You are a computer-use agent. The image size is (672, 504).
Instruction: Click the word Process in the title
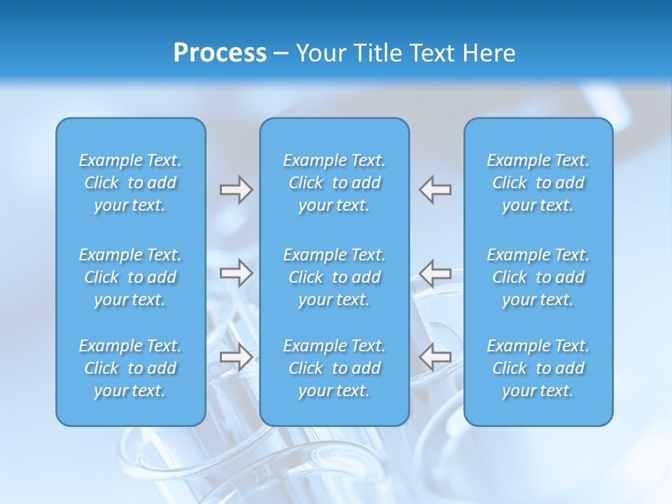(220, 53)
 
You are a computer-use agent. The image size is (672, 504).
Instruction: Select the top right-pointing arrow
(236, 190)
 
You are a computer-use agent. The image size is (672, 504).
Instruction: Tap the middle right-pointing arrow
(236, 273)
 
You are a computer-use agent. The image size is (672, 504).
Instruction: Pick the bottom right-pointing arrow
(236, 357)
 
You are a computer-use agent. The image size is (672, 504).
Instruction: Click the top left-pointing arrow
(435, 190)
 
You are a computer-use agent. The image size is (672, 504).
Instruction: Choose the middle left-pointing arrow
(435, 273)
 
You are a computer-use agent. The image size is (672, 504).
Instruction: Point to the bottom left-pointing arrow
(435, 357)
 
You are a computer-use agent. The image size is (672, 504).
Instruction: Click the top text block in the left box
(130, 183)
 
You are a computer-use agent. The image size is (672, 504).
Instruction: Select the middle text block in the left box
(130, 277)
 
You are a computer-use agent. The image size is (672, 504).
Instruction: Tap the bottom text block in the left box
(130, 368)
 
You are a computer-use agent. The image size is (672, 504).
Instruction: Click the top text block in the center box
(335, 183)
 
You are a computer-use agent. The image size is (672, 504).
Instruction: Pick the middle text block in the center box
(335, 277)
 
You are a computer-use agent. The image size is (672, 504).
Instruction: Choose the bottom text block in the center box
(335, 368)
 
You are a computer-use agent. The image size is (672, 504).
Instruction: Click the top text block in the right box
(538, 183)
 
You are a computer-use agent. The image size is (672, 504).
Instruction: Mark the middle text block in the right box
(538, 277)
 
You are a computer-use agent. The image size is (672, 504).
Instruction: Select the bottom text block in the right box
(538, 368)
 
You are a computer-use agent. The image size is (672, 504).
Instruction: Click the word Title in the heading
(377, 53)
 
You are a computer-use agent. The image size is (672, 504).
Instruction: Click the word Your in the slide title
(321, 53)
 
